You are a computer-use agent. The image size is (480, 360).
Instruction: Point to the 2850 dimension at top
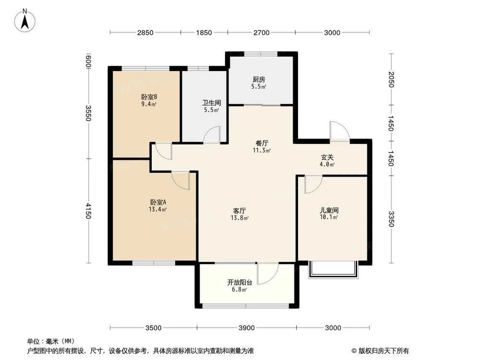(145, 33)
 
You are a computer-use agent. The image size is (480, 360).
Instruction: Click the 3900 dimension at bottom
(246, 328)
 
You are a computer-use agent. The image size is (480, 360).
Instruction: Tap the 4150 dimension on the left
(88, 211)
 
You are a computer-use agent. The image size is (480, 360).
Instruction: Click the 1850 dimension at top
(204, 33)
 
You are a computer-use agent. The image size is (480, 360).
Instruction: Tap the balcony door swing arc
(267, 273)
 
